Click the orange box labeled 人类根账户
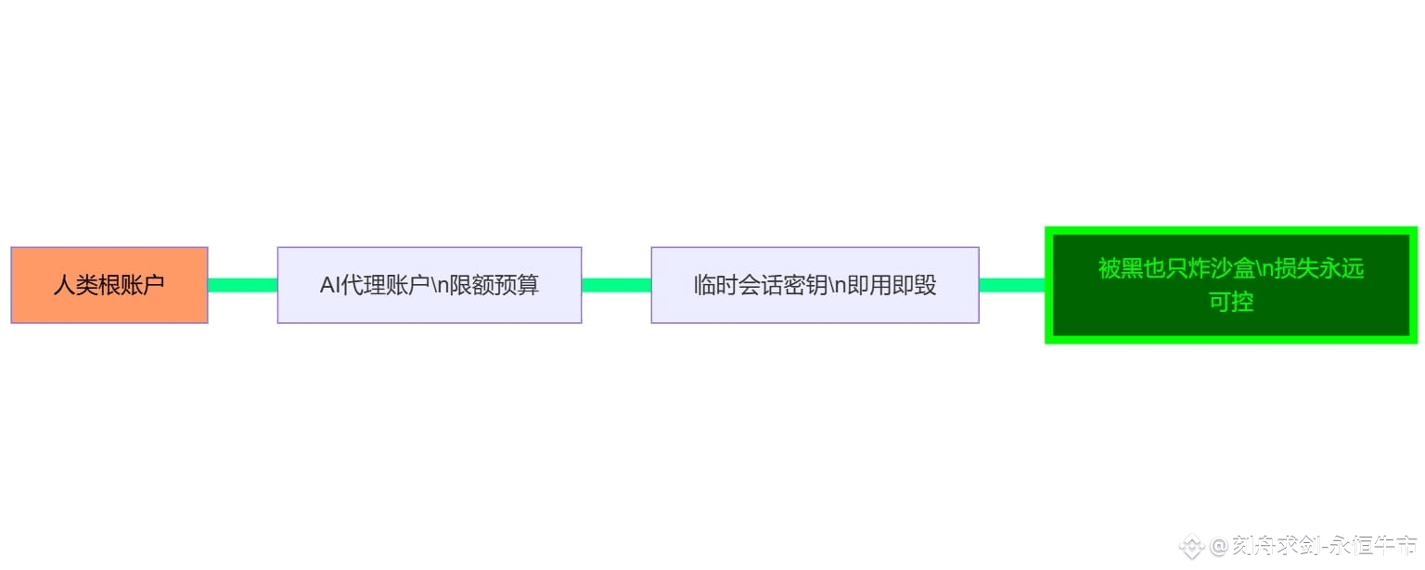(109, 285)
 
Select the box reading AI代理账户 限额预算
(429, 285)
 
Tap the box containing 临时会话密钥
(815, 285)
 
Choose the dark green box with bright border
(1231, 285)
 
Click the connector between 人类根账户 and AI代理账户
(242, 285)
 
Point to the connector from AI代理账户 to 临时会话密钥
(616, 285)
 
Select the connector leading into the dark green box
(1012, 285)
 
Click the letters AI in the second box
(330, 285)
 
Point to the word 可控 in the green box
(1231, 303)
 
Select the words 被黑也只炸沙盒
(1176, 269)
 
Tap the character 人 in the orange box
(64, 285)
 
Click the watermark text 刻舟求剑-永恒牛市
(1325, 546)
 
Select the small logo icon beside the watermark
(1192, 546)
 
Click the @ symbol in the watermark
(1219, 546)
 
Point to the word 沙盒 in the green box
(1233, 269)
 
